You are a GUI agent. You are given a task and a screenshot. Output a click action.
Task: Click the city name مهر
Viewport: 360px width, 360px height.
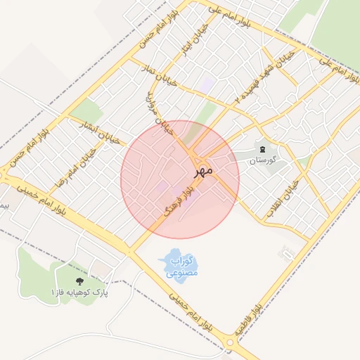(205, 169)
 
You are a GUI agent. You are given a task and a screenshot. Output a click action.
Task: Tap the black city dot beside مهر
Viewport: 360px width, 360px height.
(197, 171)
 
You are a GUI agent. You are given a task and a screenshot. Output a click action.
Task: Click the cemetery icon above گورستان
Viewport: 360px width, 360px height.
(262, 149)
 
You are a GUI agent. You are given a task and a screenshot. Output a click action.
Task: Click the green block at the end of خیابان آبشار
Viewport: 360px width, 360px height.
(86, 110)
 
